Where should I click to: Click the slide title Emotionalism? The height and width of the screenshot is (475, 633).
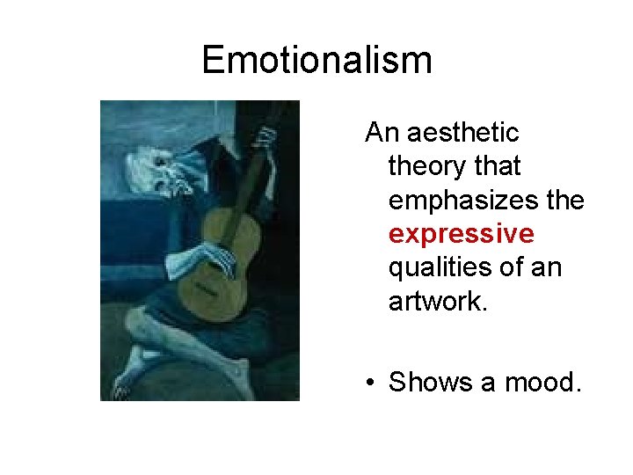316,61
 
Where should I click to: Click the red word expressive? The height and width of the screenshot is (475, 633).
461,234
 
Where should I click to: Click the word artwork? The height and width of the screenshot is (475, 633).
436,301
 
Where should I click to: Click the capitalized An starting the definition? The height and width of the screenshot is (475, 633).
381,133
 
